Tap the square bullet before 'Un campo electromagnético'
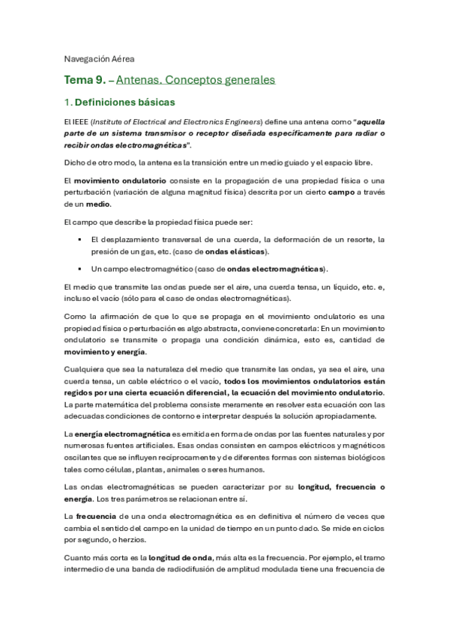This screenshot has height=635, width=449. pos(79,268)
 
